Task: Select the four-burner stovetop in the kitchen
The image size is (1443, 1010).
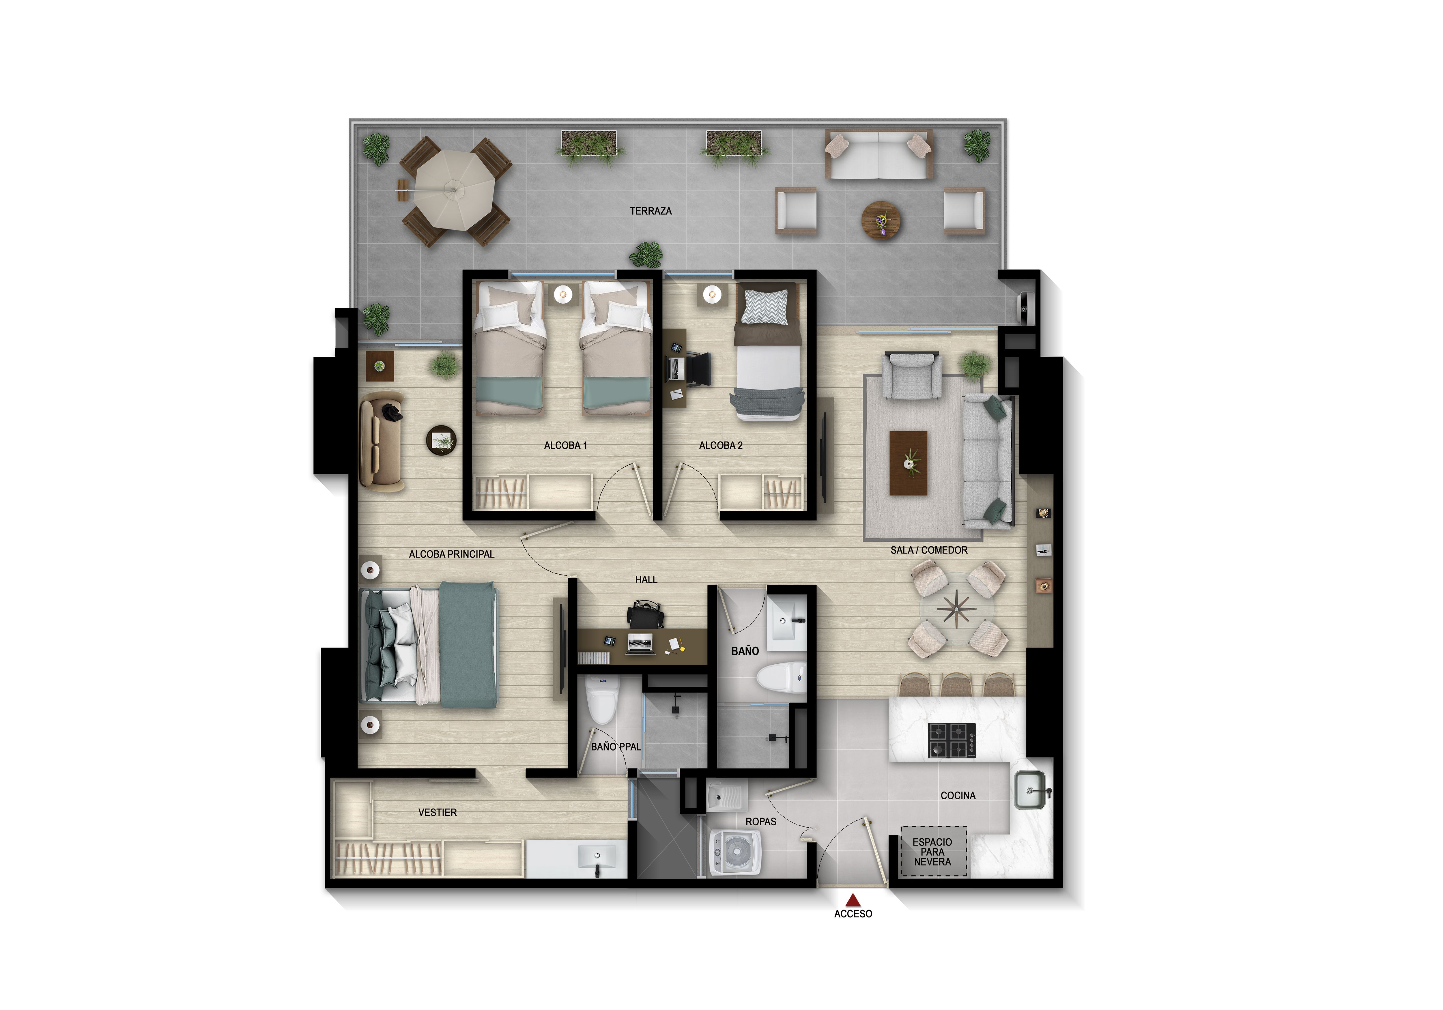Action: point(952,740)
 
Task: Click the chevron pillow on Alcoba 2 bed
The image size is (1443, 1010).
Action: point(764,307)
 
